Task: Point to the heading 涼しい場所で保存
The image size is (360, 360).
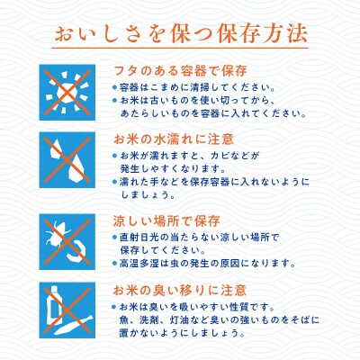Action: click(x=166, y=219)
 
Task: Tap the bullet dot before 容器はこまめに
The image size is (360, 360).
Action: click(x=116, y=88)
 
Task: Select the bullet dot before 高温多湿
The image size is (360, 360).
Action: click(x=116, y=264)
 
